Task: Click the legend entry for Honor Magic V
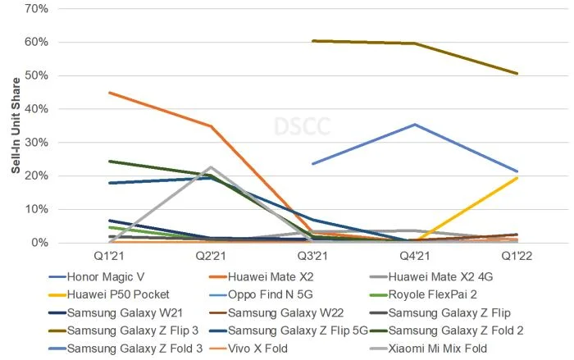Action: [x=114, y=278]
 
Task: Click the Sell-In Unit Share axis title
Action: [x=15, y=125]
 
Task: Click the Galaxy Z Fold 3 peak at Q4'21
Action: [x=415, y=125]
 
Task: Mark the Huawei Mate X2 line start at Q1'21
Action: [x=108, y=93]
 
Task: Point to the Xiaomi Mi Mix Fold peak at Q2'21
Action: [x=211, y=167]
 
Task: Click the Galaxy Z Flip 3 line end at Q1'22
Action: [x=517, y=74]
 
